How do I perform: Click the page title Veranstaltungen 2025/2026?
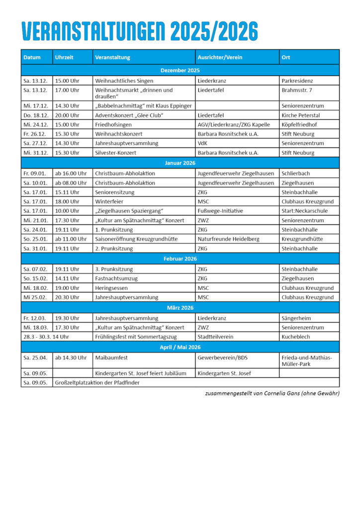pos(140,32)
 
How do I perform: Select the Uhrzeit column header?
pos(64,57)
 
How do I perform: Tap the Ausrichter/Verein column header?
pos(220,57)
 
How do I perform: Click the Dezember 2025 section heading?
pos(180,71)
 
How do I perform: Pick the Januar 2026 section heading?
pos(180,163)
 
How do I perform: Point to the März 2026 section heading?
pos(180,308)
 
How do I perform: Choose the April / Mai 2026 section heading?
pos(180,347)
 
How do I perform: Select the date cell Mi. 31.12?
pos(36,153)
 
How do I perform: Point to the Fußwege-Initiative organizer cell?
pos(220,211)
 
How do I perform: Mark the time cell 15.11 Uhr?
pos(67,192)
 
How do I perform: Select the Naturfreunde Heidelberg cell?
pos(228,239)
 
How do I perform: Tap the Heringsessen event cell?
pos(111,288)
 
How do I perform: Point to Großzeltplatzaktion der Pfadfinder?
pos(97,382)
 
